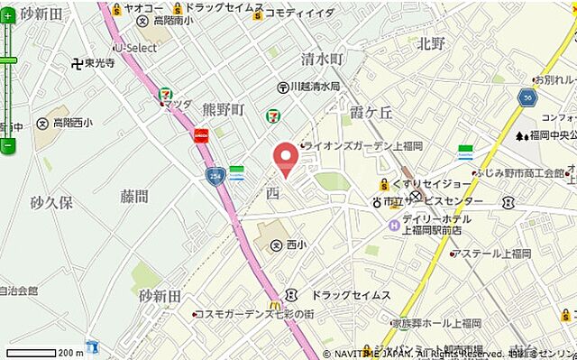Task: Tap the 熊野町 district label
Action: pyautogui.click(x=224, y=110)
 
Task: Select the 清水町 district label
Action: pyautogui.click(x=323, y=60)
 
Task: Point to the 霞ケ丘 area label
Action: pyautogui.click(x=371, y=112)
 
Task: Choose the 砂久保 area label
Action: pyautogui.click(x=50, y=202)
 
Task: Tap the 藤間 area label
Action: pyautogui.click(x=133, y=196)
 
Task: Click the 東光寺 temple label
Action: pyautogui.click(x=99, y=64)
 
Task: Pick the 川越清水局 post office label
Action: pyautogui.click(x=315, y=87)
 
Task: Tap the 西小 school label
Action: pyautogui.click(x=297, y=245)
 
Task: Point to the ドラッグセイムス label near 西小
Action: pyautogui.click(x=351, y=295)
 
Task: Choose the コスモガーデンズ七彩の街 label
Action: pyautogui.click(x=256, y=314)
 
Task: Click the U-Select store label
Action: pyautogui.click(x=136, y=48)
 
